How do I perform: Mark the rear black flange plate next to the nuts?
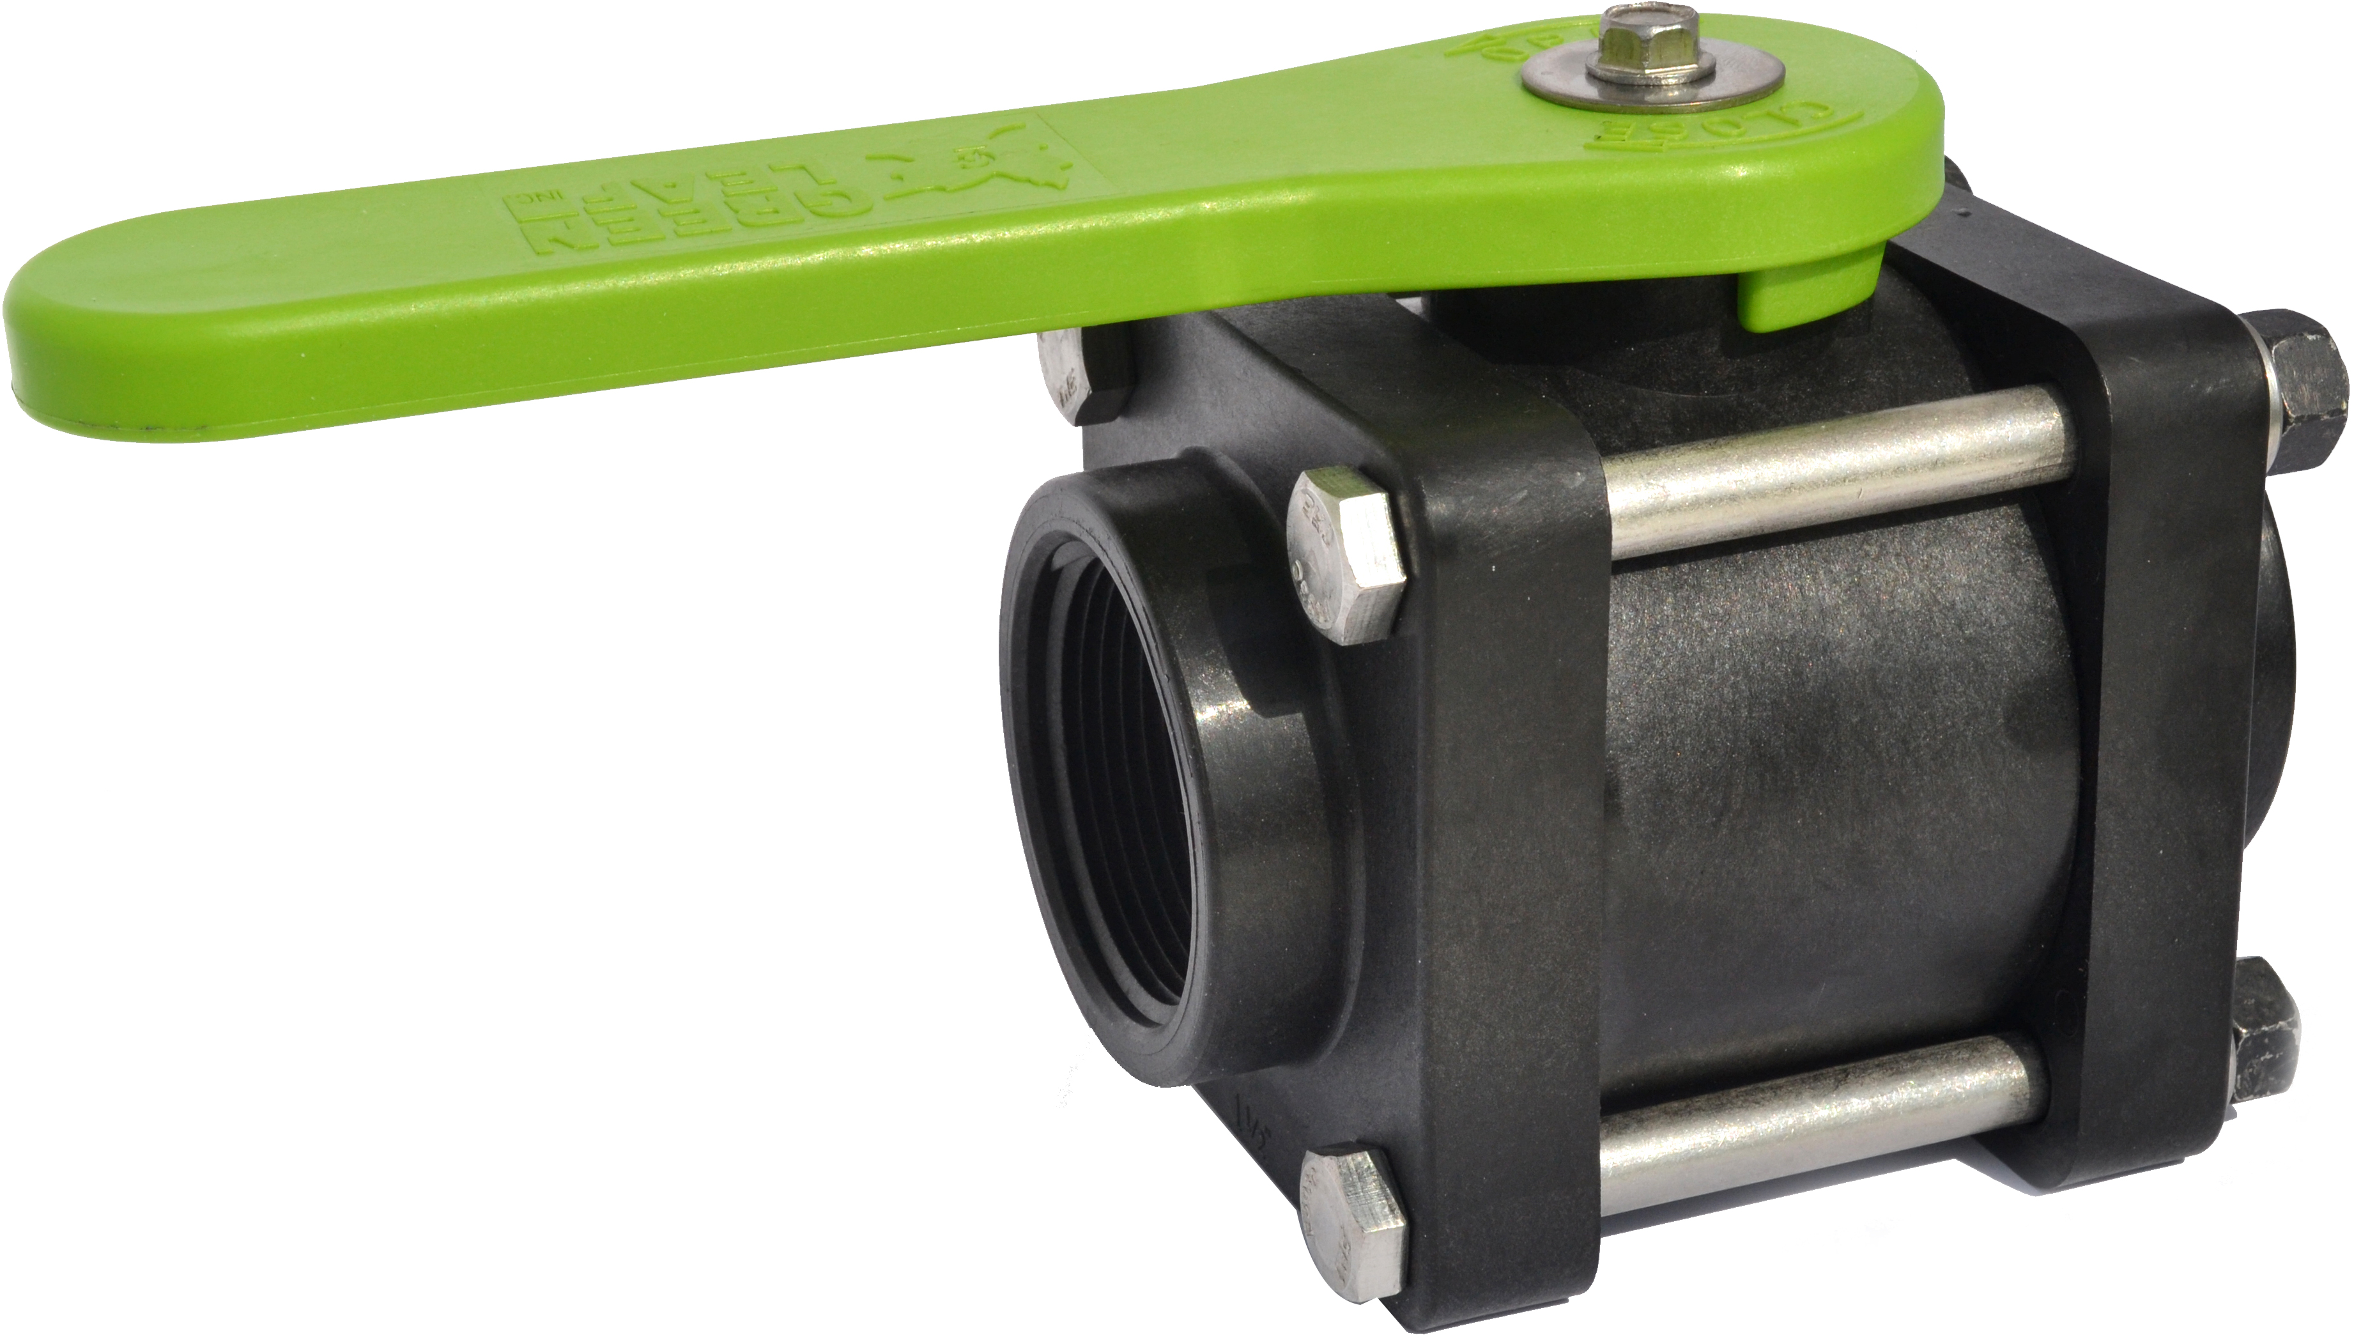pyautogui.click(x=2147, y=737)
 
